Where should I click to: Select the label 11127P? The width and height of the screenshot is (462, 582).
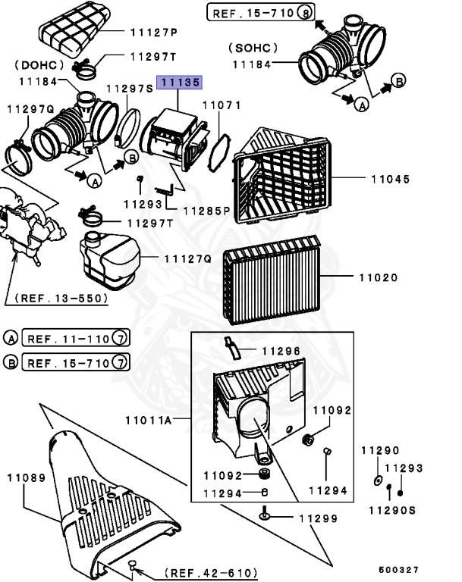click(x=152, y=33)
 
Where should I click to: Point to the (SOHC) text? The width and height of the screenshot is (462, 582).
click(x=253, y=48)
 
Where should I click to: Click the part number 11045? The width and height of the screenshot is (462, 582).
click(x=390, y=180)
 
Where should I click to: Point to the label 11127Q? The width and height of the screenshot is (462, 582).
click(x=187, y=258)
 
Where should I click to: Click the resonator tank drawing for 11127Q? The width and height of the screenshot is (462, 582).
click(x=110, y=260)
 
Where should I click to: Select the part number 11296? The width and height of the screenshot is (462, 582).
click(x=281, y=351)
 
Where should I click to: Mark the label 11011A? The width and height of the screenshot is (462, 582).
click(x=149, y=419)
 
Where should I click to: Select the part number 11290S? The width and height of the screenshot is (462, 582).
click(x=392, y=510)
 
